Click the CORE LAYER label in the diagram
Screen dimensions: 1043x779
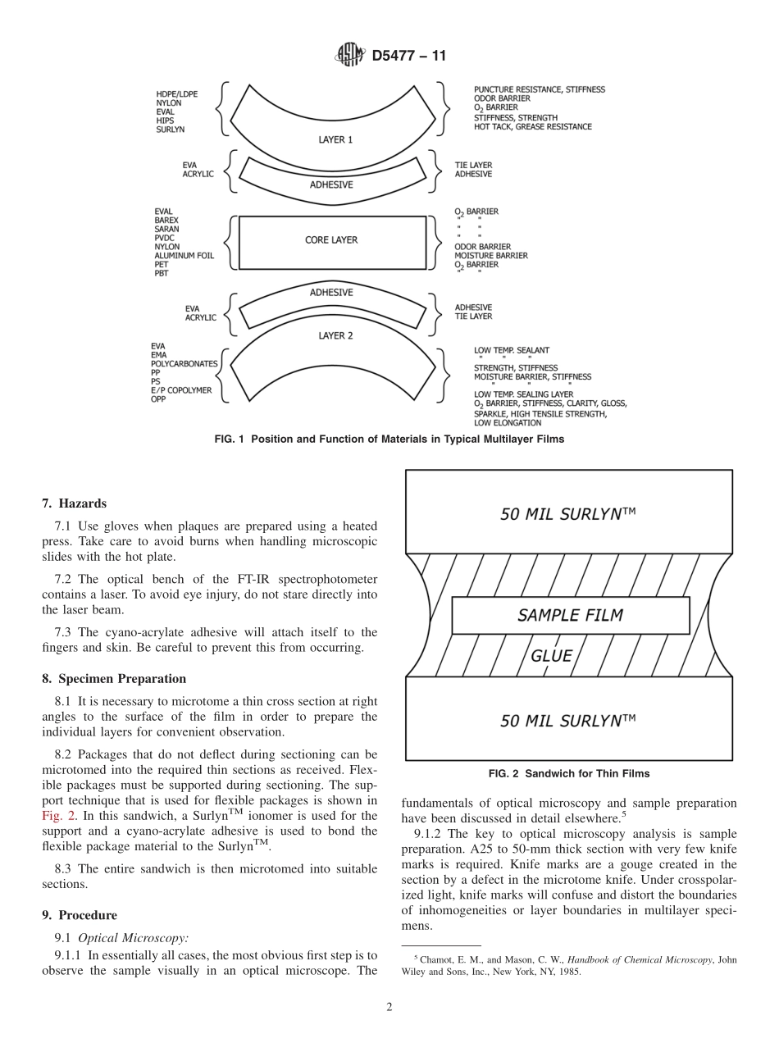coord(331,240)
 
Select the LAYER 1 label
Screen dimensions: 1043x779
coord(335,140)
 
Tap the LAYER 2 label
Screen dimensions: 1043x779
coord(335,335)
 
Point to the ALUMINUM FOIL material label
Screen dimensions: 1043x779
coord(184,256)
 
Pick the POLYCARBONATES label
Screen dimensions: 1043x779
coord(184,363)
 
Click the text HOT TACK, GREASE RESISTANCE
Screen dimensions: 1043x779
coord(532,127)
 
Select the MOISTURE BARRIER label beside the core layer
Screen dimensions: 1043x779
coord(491,256)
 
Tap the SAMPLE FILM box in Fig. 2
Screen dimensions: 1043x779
coord(570,615)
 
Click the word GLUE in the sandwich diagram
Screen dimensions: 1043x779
coord(551,656)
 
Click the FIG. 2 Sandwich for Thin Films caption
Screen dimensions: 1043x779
coord(568,773)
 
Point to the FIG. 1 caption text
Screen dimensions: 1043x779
coord(389,440)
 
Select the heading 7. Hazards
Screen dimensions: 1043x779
coord(74,503)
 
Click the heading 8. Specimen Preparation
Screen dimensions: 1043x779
coord(114,679)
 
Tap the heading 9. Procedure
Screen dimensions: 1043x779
coord(80,915)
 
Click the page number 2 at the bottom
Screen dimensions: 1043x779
coord(389,1008)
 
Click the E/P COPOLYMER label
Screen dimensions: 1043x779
coord(180,390)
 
